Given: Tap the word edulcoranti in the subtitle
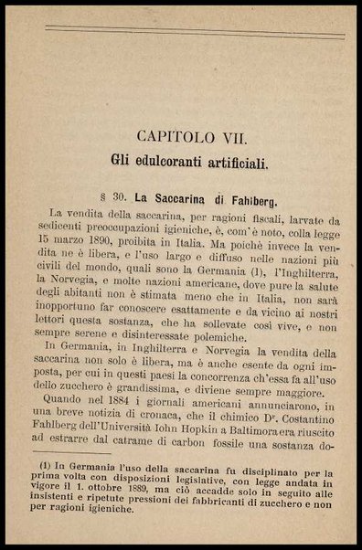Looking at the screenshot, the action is click(x=176, y=165).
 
